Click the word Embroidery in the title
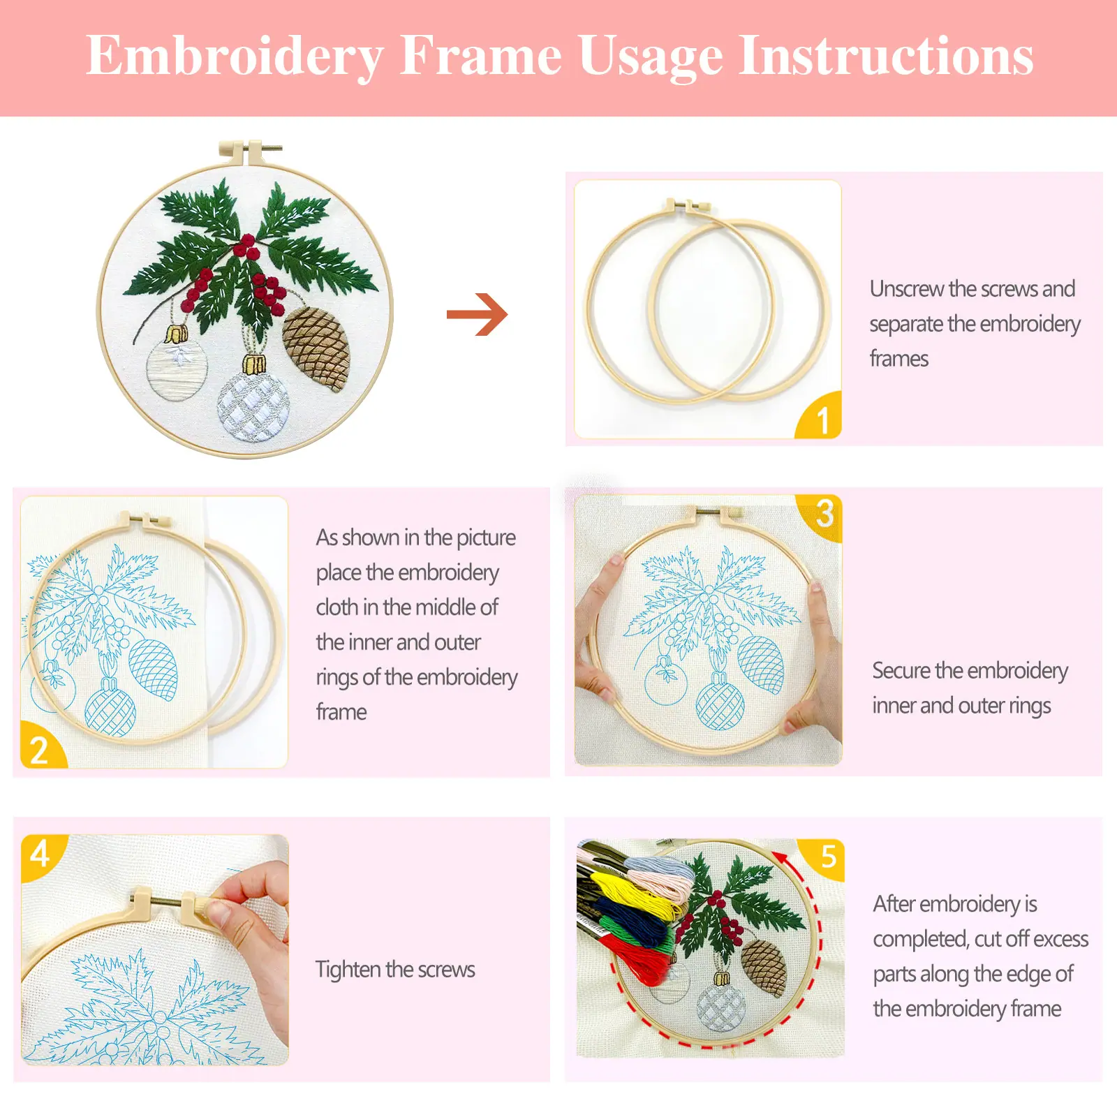coord(235,57)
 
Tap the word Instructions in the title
coord(886,55)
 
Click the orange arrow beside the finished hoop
coord(478,314)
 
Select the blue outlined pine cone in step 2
coord(154,669)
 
